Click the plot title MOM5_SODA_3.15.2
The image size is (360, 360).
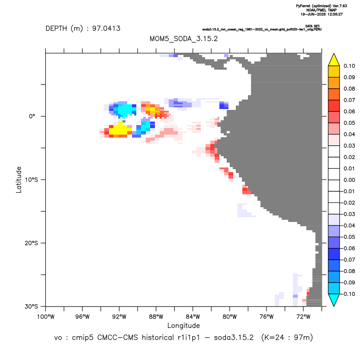(x=183, y=39)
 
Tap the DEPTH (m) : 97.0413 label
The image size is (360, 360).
(x=83, y=29)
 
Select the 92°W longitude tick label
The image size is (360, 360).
(x=119, y=317)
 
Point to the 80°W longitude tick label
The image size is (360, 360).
(x=230, y=317)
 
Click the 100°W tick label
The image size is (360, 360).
(x=46, y=317)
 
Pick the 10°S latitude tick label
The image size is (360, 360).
(x=31, y=180)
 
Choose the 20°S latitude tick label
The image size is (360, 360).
(x=31, y=243)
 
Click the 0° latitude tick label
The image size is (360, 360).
(x=32, y=116)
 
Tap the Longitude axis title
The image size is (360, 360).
(x=183, y=325)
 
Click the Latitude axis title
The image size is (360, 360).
(x=19, y=180)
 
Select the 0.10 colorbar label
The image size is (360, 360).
(x=349, y=66)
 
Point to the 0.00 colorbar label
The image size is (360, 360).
(x=349, y=180)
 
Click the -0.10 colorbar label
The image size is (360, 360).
(x=348, y=294)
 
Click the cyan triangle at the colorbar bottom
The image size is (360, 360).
(x=334, y=299)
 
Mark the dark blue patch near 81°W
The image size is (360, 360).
(x=223, y=105)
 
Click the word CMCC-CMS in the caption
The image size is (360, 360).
(x=118, y=337)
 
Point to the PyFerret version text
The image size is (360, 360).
(x=321, y=6)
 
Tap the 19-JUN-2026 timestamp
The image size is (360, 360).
(x=321, y=14)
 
